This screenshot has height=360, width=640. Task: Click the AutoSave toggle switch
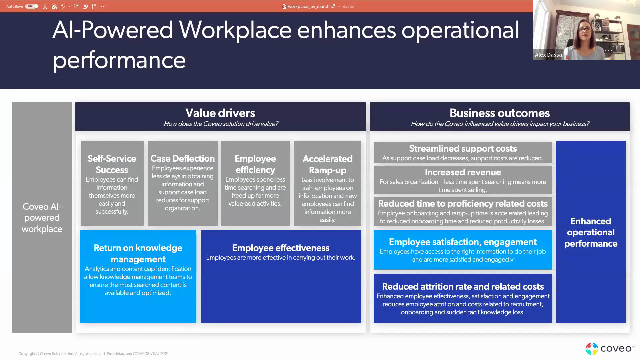[x=32, y=6]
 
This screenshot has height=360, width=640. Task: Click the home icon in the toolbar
[x=45, y=6]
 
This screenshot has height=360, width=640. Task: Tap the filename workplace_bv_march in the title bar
[x=308, y=6]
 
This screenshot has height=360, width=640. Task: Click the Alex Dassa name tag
[x=548, y=55]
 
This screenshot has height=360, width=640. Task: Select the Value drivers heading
[x=220, y=113]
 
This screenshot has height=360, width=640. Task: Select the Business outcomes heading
[x=500, y=113]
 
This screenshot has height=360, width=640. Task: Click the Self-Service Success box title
[x=112, y=164]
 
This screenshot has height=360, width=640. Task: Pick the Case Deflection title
[x=183, y=158]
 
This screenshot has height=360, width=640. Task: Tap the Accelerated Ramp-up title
[x=328, y=164]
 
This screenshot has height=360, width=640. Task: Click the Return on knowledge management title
[x=138, y=253]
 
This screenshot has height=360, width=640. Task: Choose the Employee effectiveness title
[x=281, y=248]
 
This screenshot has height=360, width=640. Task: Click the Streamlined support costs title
[x=463, y=148]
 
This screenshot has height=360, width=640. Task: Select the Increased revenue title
[x=463, y=172]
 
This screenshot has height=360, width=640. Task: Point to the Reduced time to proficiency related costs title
[x=463, y=203]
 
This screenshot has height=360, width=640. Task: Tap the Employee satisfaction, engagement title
[x=463, y=242]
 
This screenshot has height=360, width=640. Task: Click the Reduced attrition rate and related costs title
[x=463, y=286]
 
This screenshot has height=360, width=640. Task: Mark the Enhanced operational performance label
[x=591, y=232]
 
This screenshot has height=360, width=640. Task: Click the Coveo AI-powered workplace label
[x=42, y=218]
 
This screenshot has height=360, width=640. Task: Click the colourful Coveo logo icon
[x=592, y=349]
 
